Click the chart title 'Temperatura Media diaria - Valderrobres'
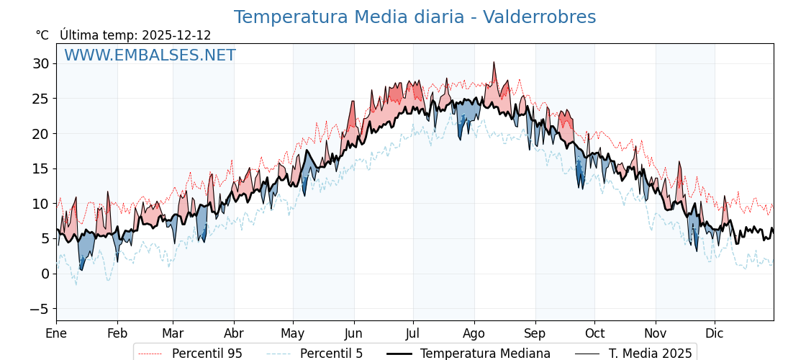[415, 17]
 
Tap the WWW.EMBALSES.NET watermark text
[150, 55]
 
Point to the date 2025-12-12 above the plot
[176, 35]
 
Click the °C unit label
[42, 35]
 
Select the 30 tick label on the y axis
[40, 63]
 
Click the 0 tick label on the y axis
[45, 274]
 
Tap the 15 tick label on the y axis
[40, 168]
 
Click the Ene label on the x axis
[56, 334]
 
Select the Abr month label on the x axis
[233, 334]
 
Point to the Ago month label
[474, 334]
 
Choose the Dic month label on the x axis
[715, 334]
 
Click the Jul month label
[413, 334]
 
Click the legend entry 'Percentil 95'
[207, 354]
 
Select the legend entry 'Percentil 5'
[331, 354]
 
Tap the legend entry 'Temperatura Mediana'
[485, 354]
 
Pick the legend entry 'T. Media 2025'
[650, 354]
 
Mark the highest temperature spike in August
[494, 63]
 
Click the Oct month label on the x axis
[594, 334]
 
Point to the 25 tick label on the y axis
[40, 99]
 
